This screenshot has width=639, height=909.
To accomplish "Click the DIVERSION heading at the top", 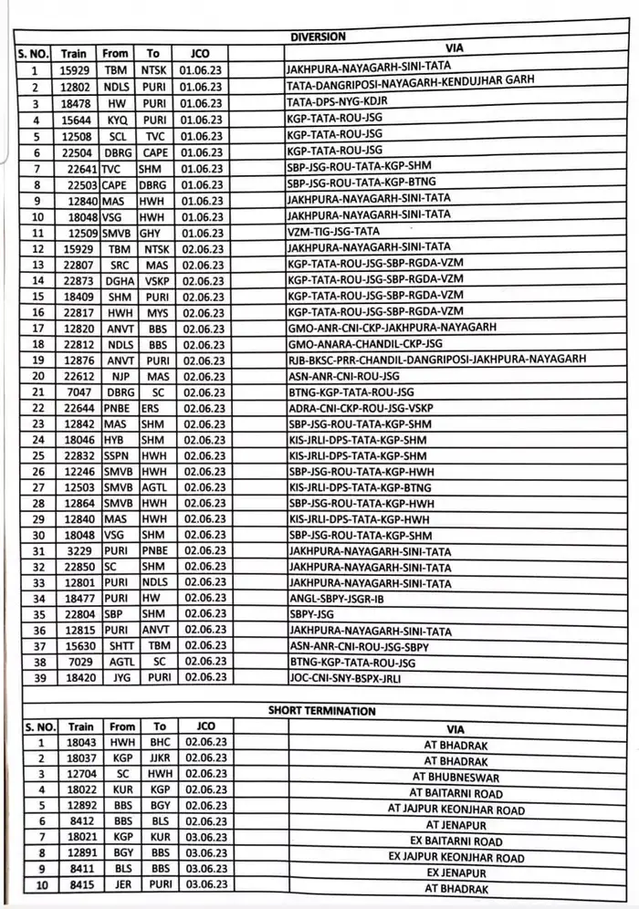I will pyautogui.click(x=318, y=37).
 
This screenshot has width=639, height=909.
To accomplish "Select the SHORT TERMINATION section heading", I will pyautogui.click(x=321, y=710).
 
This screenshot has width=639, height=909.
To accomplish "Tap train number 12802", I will pyautogui.click(x=74, y=87).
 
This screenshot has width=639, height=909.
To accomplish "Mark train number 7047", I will pyautogui.click(x=79, y=392).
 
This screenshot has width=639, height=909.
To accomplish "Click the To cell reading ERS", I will pyautogui.click(x=149, y=408).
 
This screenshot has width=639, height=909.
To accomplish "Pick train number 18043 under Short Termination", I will pyautogui.click(x=77, y=745).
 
